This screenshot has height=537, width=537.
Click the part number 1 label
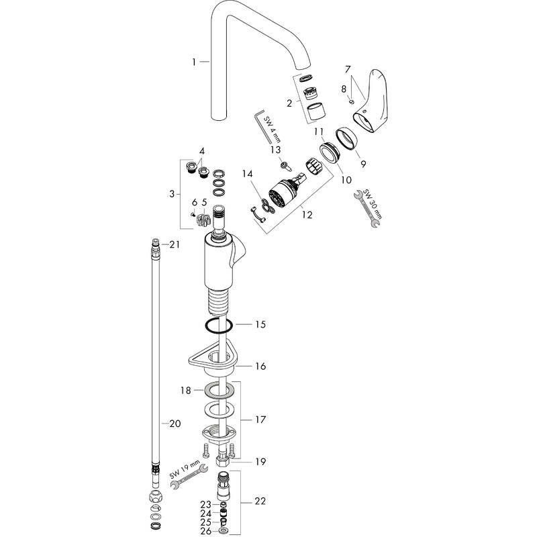(x=194, y=62)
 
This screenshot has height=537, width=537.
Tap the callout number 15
(x=260, y=324)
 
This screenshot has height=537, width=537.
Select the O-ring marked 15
(x=218, y=326)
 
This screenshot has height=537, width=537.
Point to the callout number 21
(x=175, y=245)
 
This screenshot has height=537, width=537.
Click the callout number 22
(x=260, y=501)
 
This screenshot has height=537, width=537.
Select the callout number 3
(x=173, y=194)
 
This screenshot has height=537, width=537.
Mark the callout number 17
(x=260, y=420)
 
